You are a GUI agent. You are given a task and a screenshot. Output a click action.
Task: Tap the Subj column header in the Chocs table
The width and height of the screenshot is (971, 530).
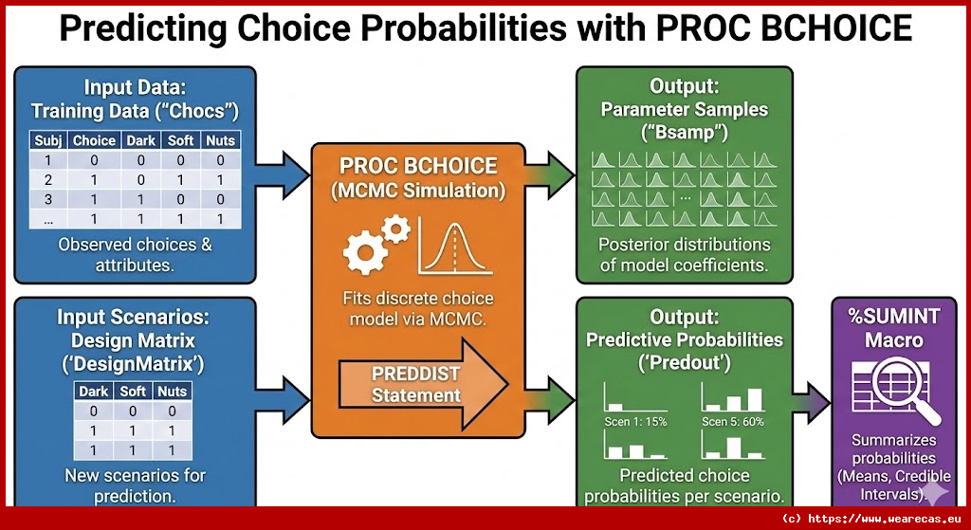pos(48,140)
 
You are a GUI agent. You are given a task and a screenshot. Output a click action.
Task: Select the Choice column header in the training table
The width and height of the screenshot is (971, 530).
pos(94,140)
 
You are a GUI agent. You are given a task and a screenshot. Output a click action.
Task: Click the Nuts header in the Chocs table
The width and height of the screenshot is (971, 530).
pos(220,140)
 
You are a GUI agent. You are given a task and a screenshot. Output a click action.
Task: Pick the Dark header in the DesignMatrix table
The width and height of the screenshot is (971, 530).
pos(94,392)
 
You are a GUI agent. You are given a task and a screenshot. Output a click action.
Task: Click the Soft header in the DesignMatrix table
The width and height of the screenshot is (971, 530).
pos(133,392)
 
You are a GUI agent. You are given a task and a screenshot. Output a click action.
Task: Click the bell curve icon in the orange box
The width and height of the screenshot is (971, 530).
pos(455,247)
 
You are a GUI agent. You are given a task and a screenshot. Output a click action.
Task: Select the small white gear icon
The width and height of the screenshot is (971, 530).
pos(395,229)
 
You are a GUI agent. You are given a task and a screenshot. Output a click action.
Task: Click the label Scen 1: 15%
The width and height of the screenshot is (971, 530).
pos(635,422)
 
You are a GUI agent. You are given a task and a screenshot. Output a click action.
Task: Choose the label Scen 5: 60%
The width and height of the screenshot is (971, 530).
pos(733,422)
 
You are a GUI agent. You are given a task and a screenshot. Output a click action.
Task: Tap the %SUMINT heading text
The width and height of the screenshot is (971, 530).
pos(893,316)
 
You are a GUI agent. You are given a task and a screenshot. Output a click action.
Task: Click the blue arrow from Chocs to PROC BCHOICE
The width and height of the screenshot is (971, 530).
pos(282,175)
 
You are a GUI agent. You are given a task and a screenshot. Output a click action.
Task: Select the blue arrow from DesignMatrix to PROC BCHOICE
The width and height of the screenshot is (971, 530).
pos(282,401)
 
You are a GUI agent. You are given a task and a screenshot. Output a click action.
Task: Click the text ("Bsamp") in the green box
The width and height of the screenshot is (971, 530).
pos(685,133)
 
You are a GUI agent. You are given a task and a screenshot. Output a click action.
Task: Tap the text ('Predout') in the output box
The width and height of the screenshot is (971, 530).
pos(685,363)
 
